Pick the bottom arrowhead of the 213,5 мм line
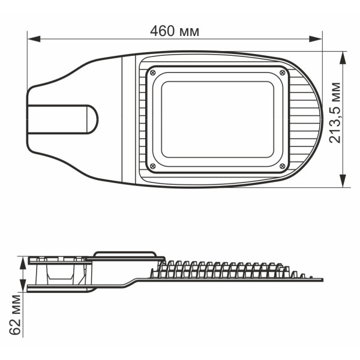click(343, 182)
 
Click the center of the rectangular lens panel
click(218, 119)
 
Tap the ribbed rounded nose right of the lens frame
click(306, 119)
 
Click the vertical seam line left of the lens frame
click(124, 119)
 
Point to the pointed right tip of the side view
click(322, 280)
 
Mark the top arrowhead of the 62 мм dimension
click(23, 259)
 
